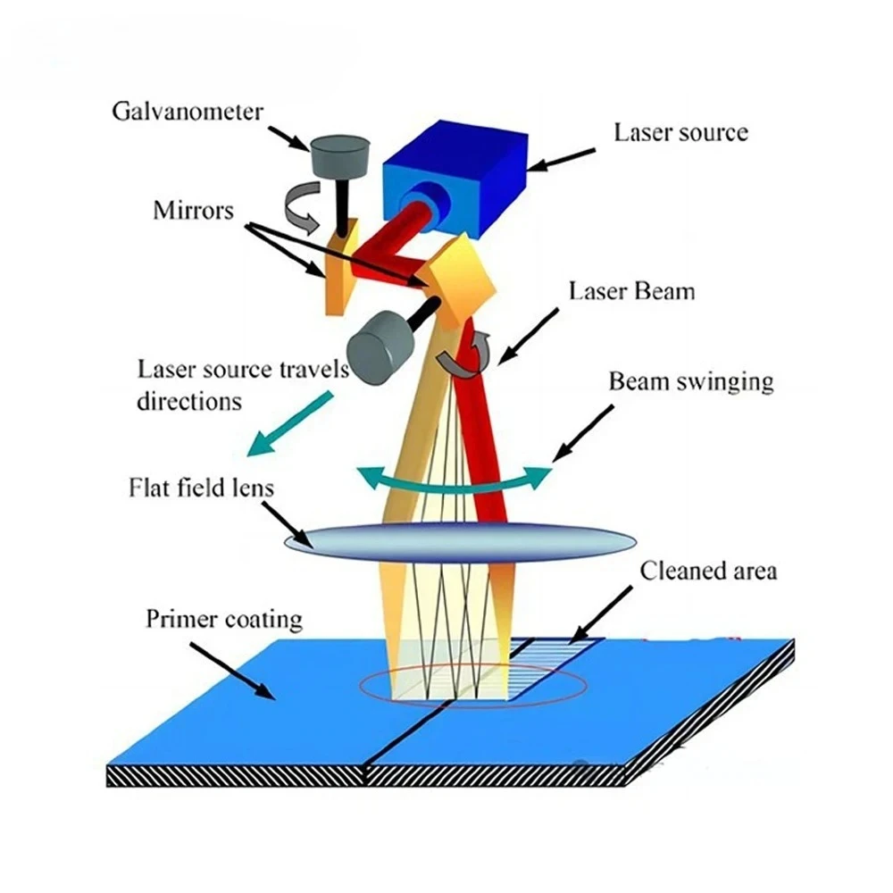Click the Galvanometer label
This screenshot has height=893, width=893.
188,112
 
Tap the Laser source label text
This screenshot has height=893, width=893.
680,133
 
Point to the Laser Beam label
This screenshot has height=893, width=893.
631,291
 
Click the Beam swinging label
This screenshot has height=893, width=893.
690,382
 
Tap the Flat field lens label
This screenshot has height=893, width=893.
200,488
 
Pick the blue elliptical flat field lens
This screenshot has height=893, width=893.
459,540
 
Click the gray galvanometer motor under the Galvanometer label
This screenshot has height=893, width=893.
340,156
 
